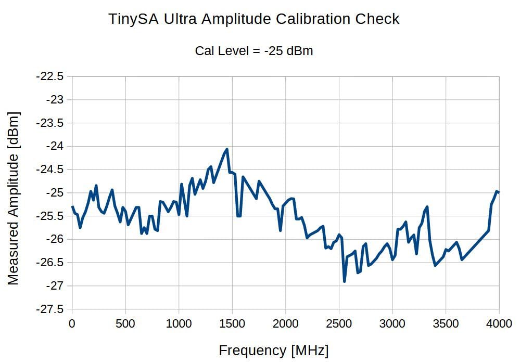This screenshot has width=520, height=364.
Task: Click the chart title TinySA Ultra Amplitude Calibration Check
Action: tap(254, 19)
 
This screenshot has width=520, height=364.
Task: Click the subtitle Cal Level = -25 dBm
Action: tap(254, 51)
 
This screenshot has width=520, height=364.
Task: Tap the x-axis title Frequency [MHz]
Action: tap(274, 350)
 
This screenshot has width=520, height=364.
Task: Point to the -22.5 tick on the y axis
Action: tap(50, 76)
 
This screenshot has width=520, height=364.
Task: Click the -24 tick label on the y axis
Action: tap(54, 146)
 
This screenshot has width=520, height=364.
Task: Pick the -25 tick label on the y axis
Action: tap(54, 193)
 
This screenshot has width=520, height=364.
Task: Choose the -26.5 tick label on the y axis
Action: tap(50, 263)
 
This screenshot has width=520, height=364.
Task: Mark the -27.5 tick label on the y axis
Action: tap(50, 309)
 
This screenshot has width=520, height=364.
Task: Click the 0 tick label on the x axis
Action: tap(72, 323)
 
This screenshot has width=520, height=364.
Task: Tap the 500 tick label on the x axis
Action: tap(125, 323)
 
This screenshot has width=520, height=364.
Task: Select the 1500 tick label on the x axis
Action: tap(232, 323)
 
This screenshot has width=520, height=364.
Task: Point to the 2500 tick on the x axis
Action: tap(339, 323)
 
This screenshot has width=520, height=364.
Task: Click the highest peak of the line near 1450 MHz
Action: tap(227, 149)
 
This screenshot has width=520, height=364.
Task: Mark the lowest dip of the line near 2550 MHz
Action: tap(345, 281)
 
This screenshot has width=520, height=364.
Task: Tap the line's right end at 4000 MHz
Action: tap(499, 192)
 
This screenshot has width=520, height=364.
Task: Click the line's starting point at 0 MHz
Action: tap(72, 207)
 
